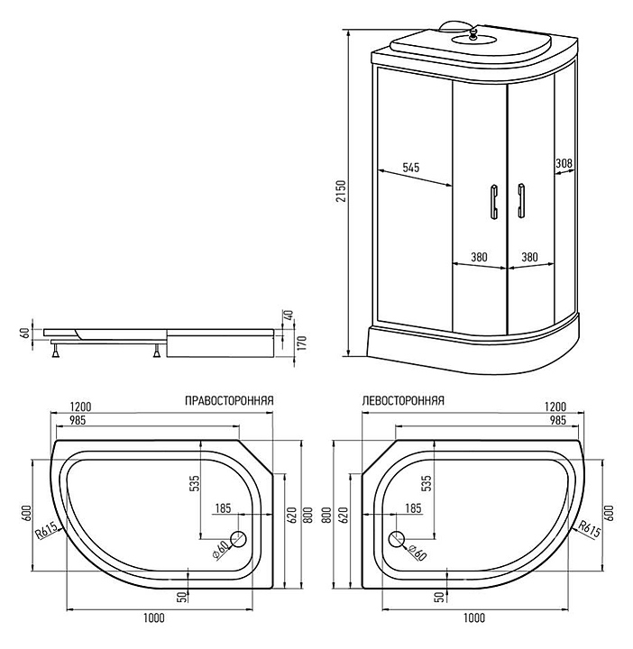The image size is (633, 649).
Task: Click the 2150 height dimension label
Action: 341,191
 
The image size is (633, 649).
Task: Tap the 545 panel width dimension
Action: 410,168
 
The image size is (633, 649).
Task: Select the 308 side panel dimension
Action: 564,163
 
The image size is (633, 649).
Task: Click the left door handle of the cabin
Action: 493,202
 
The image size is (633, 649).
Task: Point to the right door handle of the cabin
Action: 521,201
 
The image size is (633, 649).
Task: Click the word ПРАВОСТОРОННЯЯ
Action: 229,400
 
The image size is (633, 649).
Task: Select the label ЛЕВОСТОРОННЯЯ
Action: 403,400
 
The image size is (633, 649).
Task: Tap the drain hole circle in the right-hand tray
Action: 238,539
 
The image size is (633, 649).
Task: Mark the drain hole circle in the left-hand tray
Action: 396,539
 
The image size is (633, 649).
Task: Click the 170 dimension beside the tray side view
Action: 302,343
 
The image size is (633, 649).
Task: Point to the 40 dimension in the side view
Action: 289,315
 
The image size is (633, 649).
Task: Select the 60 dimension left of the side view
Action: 25,333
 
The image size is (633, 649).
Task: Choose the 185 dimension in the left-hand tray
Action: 413,507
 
